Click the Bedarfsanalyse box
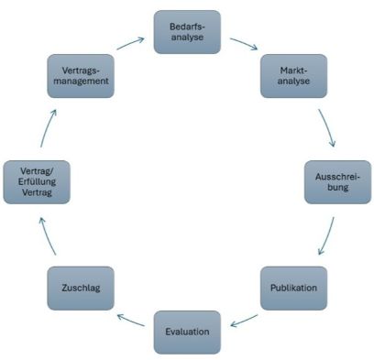(187, 32)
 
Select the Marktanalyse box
(293, 76)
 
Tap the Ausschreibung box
(337, 182)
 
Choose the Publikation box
(293, 289)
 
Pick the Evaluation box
(187, 333)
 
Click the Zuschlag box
(81, 289)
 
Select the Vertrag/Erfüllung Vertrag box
(37, 182)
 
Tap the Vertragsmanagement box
(81, 76)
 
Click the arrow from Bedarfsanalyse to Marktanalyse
(244, 43)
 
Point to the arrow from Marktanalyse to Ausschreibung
(328, 127)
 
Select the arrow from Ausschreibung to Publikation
(327, 236)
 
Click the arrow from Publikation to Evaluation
(244, 321)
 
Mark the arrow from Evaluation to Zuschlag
(130, 320)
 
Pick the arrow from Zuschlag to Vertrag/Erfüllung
(47, 235)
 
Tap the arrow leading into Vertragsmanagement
(47, 128)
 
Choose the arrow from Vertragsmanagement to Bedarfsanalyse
(130, 43)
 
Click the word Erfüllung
(37, 182)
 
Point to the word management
(81, 82)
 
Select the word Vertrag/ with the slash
(37, 171)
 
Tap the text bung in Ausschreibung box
(338, 187)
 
